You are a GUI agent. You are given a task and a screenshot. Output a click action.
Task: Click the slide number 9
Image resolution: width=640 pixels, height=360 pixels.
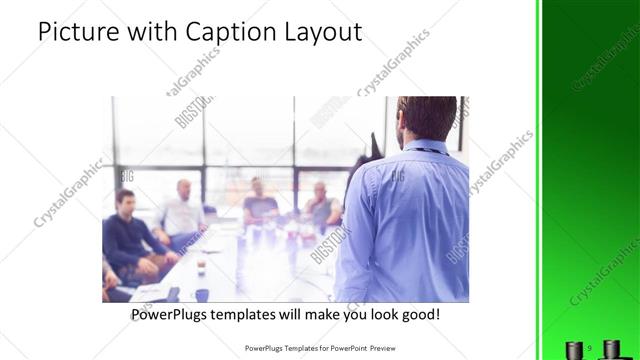[x=590, y=348]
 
